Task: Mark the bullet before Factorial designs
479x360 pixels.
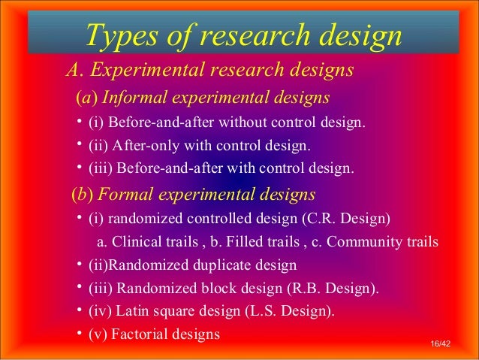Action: (79, 333)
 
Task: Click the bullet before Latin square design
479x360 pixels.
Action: (79, 310)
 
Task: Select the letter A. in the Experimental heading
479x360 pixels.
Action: (74, 71)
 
